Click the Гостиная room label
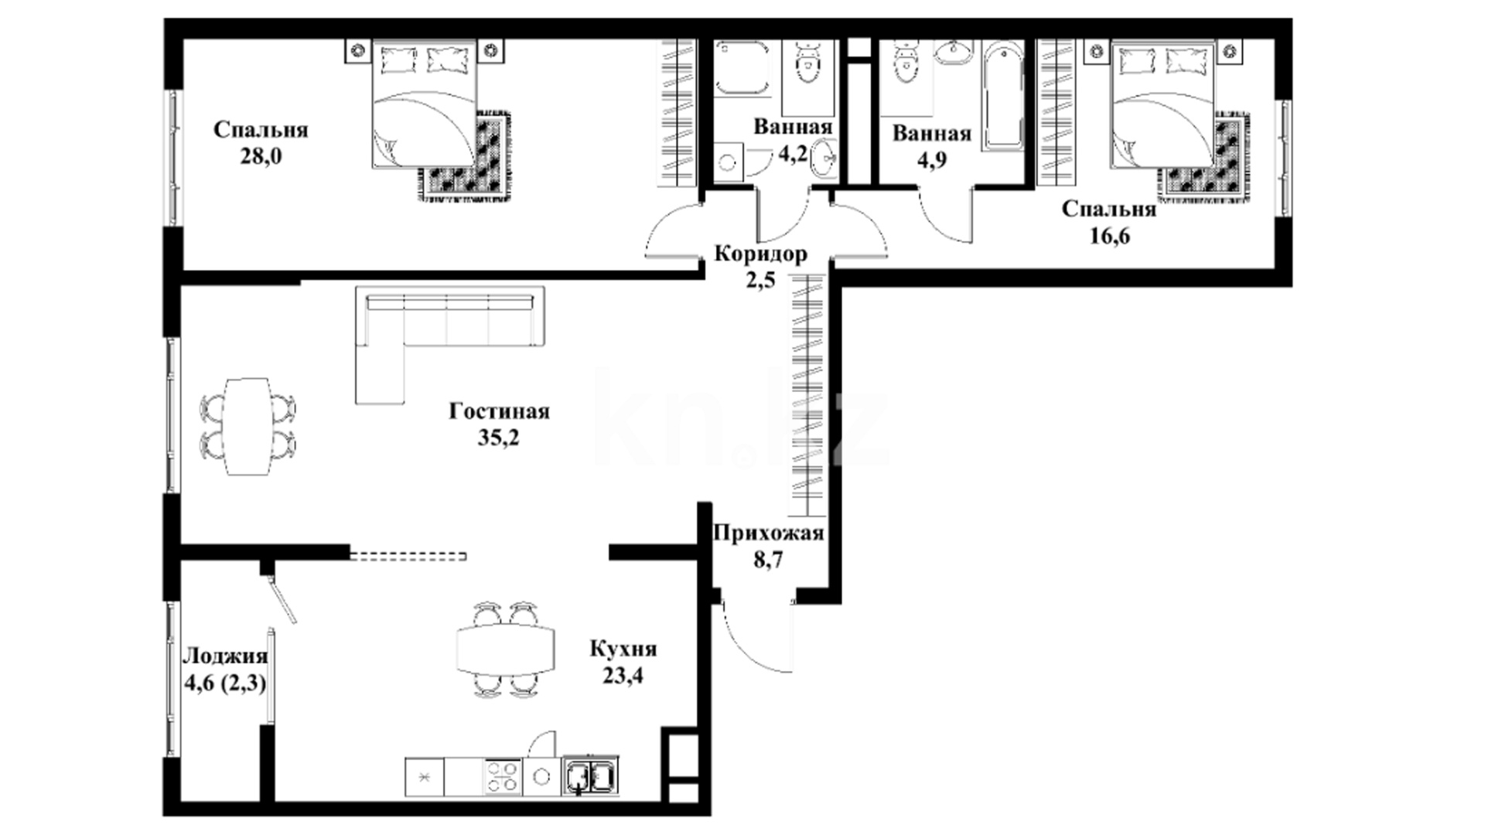point(499,411)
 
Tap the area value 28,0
point(261,156)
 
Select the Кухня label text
point(623,648)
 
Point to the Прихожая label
point(768,533)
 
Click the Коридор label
point(760,254)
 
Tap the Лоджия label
point(225,656)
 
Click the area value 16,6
point(1109,236)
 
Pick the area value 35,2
point(499,438)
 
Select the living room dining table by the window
point(247,426)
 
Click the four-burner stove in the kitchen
point(502,775)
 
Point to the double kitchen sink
point(591,775)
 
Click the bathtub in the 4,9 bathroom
point(1003,95)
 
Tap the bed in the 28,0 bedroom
point(424,104)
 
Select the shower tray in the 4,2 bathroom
point(741,68)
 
